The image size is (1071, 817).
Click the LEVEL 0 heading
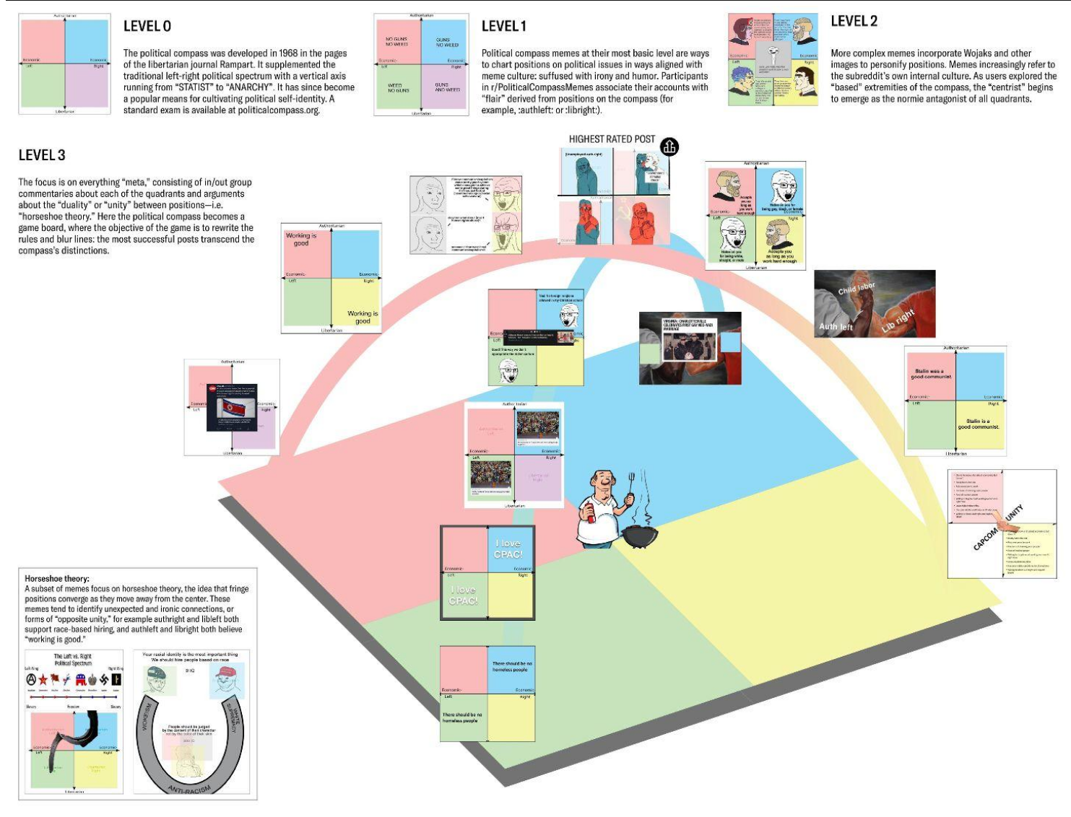click(147, 27)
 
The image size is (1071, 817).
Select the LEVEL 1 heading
click(504, 27)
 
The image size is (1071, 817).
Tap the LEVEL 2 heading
click(854, 22)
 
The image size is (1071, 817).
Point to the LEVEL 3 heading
click(42, 155)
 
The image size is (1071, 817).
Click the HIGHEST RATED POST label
click(612, 139)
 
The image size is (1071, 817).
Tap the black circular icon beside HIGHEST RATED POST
click(669, 147)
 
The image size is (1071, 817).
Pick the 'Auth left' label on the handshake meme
click(836, 327)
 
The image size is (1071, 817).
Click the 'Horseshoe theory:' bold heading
click(57, 579)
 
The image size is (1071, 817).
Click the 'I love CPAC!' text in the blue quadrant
click(508, 549)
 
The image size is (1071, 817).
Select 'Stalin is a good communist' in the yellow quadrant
click(978, 424)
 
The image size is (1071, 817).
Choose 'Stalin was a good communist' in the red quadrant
click(931, 374)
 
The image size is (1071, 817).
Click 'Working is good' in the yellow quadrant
click(363, 317)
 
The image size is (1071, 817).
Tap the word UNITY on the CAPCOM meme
click(1015, 513)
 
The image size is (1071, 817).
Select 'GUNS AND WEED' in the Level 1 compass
click(447, 87)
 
